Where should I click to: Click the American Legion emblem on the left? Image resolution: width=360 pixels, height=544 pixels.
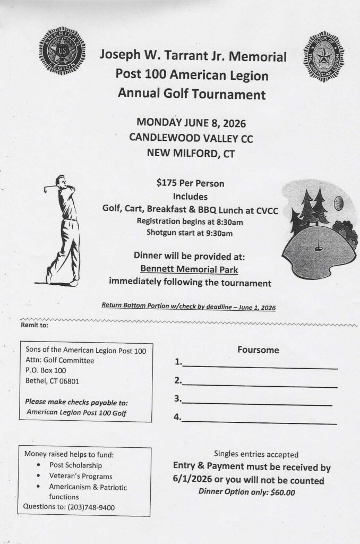(62, 50)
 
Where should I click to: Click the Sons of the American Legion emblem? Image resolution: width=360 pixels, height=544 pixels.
(323, 56)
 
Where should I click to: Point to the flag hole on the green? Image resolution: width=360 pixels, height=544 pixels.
(319, 247)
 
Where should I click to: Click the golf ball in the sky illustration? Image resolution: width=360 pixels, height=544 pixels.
(340, 202)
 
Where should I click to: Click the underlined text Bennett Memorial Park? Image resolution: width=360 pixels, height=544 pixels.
(189, 270)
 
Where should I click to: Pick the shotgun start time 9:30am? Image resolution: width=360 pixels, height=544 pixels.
(217, 232)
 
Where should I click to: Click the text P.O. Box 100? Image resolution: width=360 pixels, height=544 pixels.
(46, 370)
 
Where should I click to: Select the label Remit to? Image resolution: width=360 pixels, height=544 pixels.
(34, 325)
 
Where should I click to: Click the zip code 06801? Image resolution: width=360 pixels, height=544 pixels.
(71, 380)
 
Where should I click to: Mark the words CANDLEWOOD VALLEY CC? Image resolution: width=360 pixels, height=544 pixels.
(191, 138)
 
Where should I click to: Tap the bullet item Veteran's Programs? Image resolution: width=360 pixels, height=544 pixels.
(81, 476)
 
